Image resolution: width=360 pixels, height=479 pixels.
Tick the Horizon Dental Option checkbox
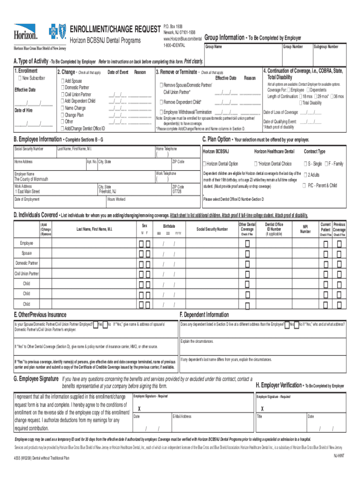tap(204, 164)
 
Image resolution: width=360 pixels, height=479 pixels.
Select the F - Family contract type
tap(327, 164)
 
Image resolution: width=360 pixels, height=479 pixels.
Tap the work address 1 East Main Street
tap(27, 192)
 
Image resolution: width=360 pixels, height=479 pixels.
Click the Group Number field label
tap(293, 47)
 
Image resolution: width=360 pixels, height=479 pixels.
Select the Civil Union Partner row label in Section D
tap(27, 274)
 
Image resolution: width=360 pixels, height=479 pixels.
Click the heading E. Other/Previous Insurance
tap(40, 315)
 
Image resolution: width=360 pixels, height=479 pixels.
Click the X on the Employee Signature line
tap(139, 408)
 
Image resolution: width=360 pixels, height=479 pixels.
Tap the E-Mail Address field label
tap(181, 416)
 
